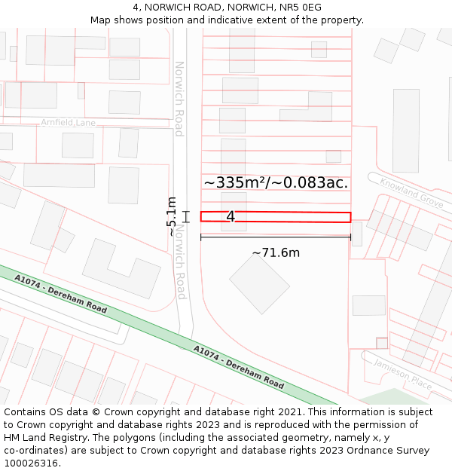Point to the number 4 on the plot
(x=231, y=217)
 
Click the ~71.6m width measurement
(x=276, y=253)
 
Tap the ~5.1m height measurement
(x=172, y=216)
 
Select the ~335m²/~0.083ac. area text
(x=276, y=182)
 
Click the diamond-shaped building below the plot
(x=259, y=283)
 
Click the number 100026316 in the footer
(x=30, y=463)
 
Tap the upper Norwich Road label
(x=179, y=99)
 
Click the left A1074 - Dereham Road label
(x=60, y=294)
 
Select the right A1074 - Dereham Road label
(x=239, y=368)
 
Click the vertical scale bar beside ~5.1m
(x=186, y=217)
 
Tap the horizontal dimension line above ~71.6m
(x=276, y=237)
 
